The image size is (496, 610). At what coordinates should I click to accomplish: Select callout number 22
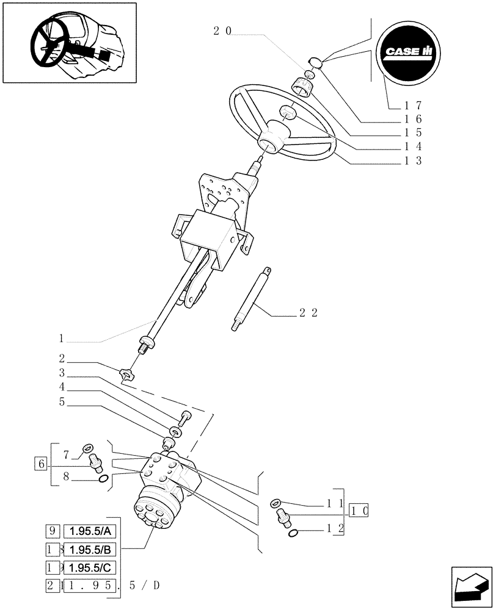(308, 313)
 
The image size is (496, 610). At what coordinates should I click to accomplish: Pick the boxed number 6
(41, 464)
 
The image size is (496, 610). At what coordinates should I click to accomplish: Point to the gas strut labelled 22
(251, 299)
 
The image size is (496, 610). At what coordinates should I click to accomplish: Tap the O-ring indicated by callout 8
(103, 479)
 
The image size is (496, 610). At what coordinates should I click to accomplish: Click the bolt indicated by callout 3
(186, 418)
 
